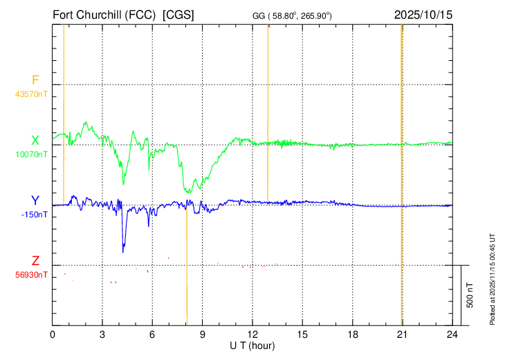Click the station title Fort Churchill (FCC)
tap(104, 15)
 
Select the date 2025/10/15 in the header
tap(423, 15)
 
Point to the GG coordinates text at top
tap(292, 16)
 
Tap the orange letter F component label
tap(35, 80)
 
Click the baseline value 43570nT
tap(31, 94)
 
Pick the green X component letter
tap(35, 141)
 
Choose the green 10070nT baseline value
tap(32, 154)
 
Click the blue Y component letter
tap(35, 201)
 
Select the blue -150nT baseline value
tap(34, 215)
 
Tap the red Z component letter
tap(35, 260)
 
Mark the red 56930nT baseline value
tap(31, 275)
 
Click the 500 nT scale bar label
tap(470, 295)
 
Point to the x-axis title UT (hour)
tap(252, 346)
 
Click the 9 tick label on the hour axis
tap(203, 334)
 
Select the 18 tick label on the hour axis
tap(353, 334)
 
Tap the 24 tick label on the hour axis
tap(452, 334)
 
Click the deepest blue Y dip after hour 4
tap(123, 253)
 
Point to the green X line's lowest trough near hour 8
tap(188, 192)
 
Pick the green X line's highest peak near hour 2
tap(86, 122)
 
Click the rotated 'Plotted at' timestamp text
tap(492, 279)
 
